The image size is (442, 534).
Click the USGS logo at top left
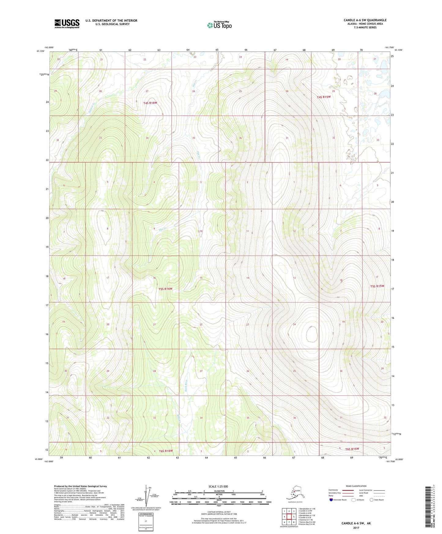point(67,24)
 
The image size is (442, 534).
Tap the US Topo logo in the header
point(219,25)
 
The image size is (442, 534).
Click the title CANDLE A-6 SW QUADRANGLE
point(365,20)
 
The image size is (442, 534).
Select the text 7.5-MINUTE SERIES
point(365,28)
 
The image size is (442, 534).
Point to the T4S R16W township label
point(150,103)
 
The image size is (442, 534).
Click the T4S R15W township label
point(324,97)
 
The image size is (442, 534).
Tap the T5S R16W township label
point(165,289)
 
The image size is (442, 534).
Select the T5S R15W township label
point(377,286)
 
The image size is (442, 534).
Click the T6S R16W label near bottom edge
point(166,451)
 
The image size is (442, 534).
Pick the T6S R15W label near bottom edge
point(352,449)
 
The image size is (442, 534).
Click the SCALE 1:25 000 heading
point(218,486)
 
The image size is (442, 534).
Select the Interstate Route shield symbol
point(331,500)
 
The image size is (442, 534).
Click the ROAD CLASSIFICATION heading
point(356,486)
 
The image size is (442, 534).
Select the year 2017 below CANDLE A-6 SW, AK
point(356,528)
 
